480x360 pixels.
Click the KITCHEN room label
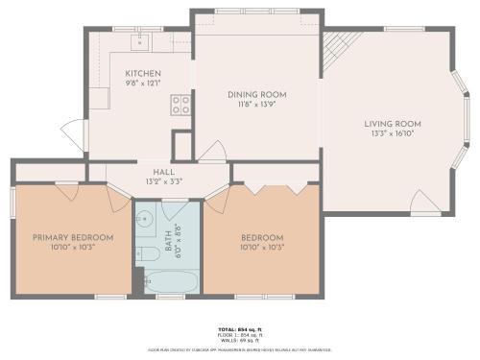[141, 73]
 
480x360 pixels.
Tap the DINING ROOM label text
[256, 94]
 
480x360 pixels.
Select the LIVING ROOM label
[392, 123]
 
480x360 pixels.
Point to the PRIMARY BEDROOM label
[73, 237]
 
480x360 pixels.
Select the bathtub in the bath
[171, 282]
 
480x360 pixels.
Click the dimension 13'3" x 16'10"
[392, 134]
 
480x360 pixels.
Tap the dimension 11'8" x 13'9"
[256, 106]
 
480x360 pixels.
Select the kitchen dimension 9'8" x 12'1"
[141, 84]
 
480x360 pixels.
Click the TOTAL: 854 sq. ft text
[240, 327]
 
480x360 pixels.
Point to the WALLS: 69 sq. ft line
[240, 340]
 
